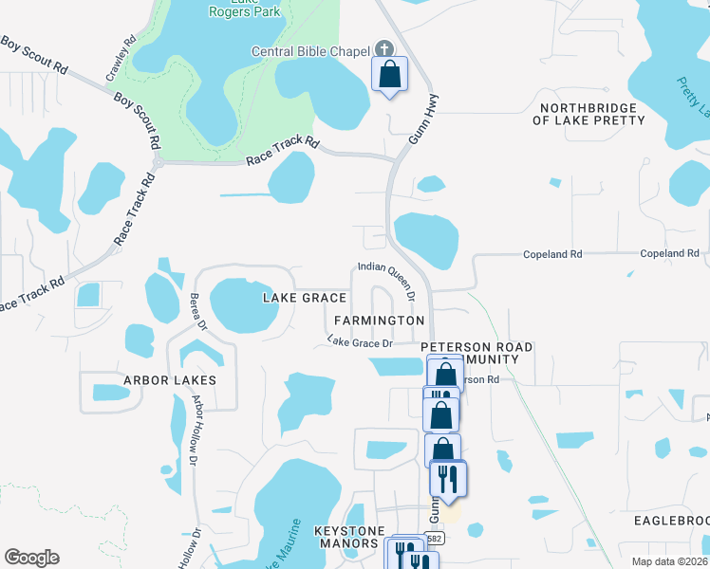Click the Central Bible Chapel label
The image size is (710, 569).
[x=311, y=50]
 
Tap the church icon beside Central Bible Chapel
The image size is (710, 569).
[x=384, y=49]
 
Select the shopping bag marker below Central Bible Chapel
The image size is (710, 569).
[x=389, y=74]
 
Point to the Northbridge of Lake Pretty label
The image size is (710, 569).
[x=589, y=114]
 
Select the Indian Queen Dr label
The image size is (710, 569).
[x=387, y=282]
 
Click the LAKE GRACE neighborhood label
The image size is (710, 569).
[x=304, y=298]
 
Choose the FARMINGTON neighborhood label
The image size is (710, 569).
[x=379, y=321]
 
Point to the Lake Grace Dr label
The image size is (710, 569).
[x=361, y=341]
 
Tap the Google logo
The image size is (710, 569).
[x=31, y=558]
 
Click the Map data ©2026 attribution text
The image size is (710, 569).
[x=669, y=561]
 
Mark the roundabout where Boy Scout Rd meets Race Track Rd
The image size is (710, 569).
[x=158, y=162]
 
